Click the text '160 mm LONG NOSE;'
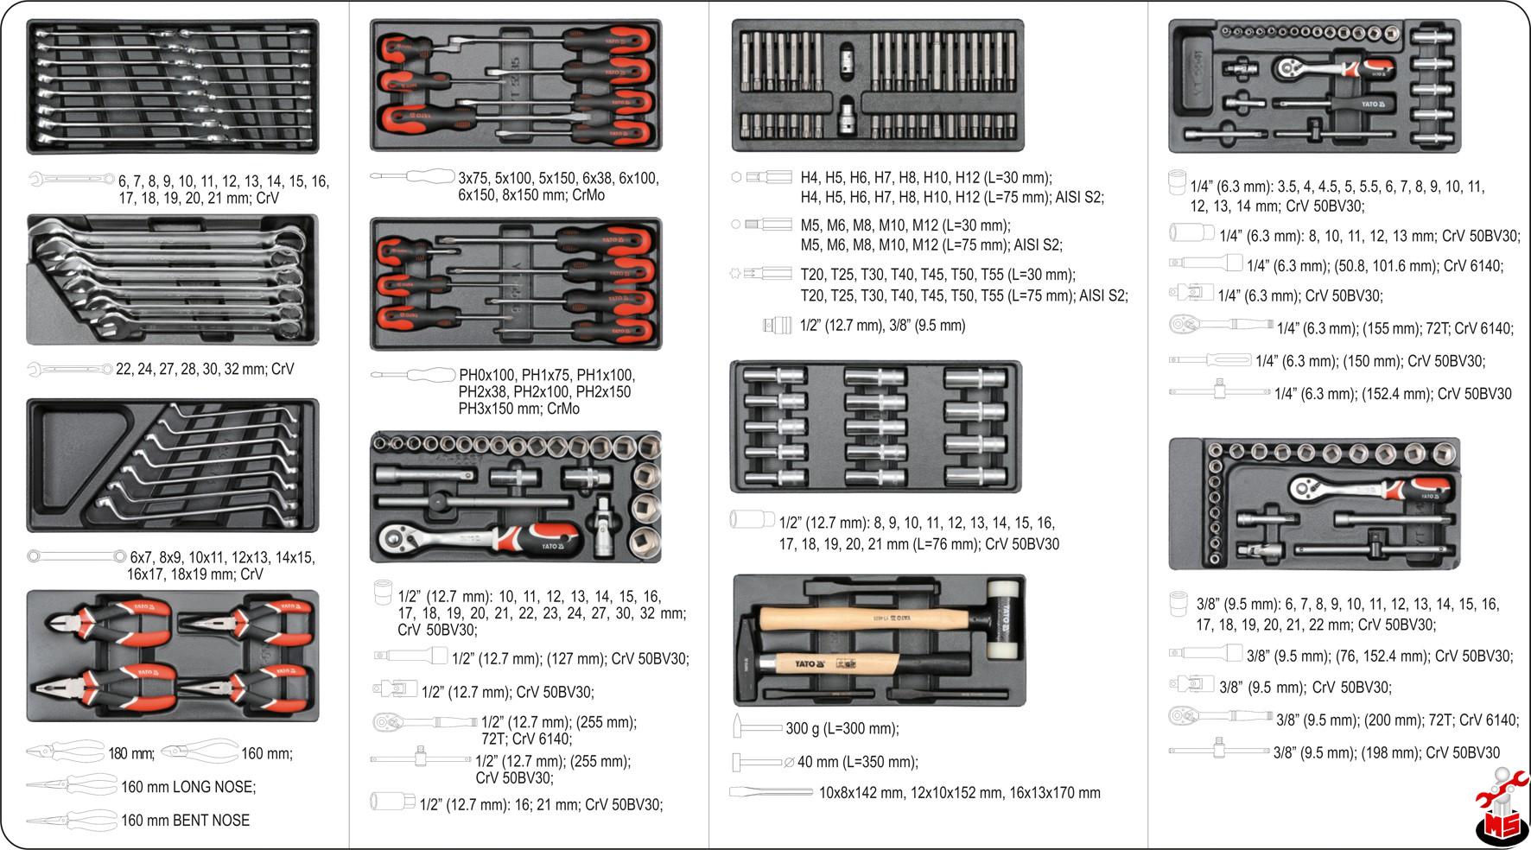tap(188, 787)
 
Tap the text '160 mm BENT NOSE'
tap(185, 821)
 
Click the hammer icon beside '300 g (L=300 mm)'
tap(757, 727)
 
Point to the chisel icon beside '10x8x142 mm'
tap(771, 792)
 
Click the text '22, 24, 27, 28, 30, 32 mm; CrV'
tap(205, 369)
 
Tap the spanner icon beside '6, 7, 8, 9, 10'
tap(71, 180)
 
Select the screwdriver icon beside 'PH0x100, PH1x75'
tap(413, 375)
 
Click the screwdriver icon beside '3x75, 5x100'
tap(413, 176)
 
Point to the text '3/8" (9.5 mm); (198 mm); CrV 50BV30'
tap(1386, 753)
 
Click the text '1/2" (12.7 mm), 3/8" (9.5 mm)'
tap(882, 326)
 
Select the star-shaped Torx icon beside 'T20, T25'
tap(736, 274)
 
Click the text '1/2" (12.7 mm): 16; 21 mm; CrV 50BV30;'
tap(541, 805)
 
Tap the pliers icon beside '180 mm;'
tap(66, 752)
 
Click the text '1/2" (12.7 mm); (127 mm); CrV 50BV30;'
tap(570, 659)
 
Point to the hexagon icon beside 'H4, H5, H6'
tap(736, 176)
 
